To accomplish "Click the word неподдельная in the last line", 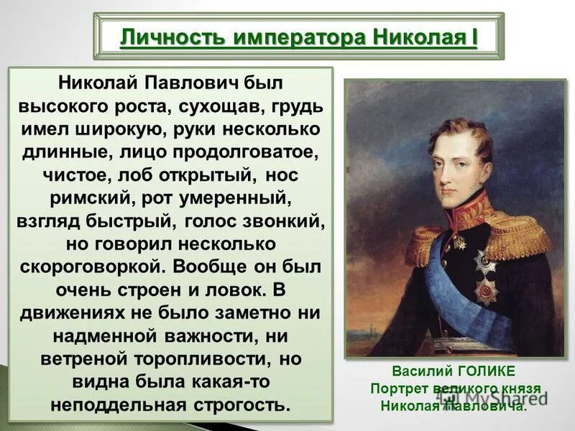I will point(119,404).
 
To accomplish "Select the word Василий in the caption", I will point(418,371).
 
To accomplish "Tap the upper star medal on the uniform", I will point(485,262).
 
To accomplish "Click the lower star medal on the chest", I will point(486,290).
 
